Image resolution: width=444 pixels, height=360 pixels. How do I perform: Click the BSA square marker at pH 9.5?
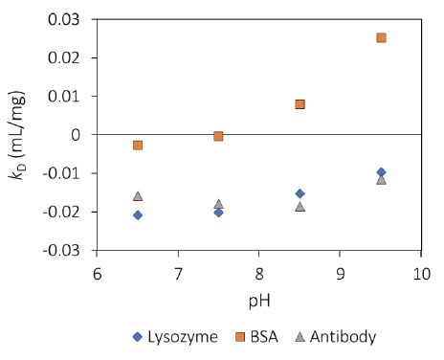pyautogui.click(x=381, y=38)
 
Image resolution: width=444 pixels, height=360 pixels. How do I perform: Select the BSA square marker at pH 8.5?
pyautogui.click(x=300, y=104)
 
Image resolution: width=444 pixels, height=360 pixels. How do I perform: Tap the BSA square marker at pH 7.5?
pyautogui.click(x=218, y=137)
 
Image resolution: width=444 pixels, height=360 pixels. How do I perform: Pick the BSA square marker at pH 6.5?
pyautogui.click(x=138, y=146)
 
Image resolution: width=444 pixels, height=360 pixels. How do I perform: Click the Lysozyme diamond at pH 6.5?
pyautogui.click(x=138, y=214)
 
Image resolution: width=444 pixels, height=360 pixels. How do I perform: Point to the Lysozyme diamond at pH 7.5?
pyautogui.click(x=218, y=212)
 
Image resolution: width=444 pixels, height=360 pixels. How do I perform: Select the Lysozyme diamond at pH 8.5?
pyautogui.click(x=300, y=193)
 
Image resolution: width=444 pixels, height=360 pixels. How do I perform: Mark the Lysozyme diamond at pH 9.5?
pyautogui.click(x=381, y=172)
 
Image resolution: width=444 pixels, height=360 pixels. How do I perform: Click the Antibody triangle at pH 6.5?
pyautogui.click(x=138, y=195)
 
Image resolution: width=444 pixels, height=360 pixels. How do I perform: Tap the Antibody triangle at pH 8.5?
pyautogui.click(x=300, y=206)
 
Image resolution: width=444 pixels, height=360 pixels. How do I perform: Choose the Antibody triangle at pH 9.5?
pyautogui.click(x=381, y=179)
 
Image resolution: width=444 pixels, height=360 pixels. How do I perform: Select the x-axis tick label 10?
pyautogui.click(x=419, y=274)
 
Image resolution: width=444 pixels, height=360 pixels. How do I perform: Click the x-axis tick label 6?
pyautogui.click(x=97, y=274)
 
